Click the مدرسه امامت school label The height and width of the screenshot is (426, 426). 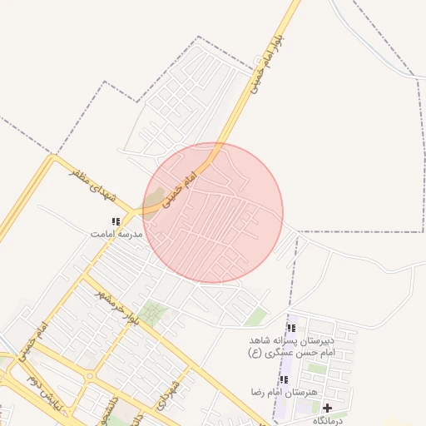pyautogui.click(x=116, y=235)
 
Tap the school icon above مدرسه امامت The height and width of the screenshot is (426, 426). pyautogui.click(x=116, y=221)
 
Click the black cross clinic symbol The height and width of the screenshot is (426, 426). pyautogui.click(x=327, y=408)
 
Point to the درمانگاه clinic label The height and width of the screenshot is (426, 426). pyautogui.click(x=325, y=420)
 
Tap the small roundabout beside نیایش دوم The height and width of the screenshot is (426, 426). pyautogui.click(x=90, y=376)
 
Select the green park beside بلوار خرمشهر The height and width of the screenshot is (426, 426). pyautogui.click(x=152, y=314)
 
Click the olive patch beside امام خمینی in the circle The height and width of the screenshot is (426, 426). pyautogui.click(x=154, y=201)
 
